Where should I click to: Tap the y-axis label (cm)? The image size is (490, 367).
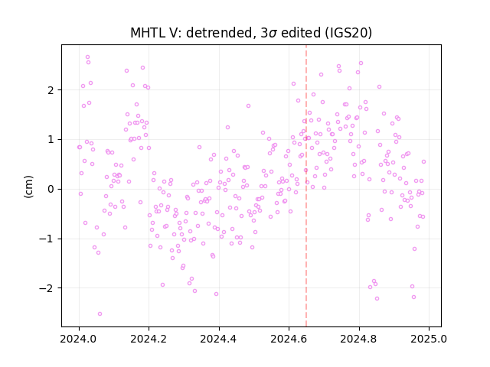pyautogui.click(x=28, y=187)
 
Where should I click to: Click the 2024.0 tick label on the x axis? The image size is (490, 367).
pyautogui.click(x=79, y=339)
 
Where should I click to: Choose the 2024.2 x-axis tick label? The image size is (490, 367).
pyautogui.click(x=149, y=339)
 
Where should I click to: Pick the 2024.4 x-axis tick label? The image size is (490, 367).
pyautogui.click(x=219, y=339)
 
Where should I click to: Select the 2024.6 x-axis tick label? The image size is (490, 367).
pyautogui.click(x=289, y=339)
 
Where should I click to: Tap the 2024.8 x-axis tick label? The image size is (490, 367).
pyautogui.click(x=359, y=339)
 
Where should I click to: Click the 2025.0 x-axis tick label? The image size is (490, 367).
pyautogui.click(x=429, y=339)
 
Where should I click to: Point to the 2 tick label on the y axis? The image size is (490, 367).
pyautogui.click(x=51, y=90)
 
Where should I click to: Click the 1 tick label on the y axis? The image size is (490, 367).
pyautogui.click(x=51, y=139)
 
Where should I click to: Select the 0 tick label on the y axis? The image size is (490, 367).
pyautogui.click(x=51, y=189)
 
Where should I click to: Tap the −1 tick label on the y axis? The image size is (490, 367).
pyautogui.click(x=47, y=239)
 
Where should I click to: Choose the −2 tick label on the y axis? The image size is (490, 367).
pyautogui.click(x=47, y=288)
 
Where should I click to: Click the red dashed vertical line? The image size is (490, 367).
pyautogui.click(x=306, y=186)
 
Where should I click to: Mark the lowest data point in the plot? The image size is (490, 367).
pyautogui.click(x=100, y=314)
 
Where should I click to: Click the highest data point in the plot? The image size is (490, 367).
pyautogui.click(x=88, y=57)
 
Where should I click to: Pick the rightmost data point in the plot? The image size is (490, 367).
pyautogui.click(x=423, y=161)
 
